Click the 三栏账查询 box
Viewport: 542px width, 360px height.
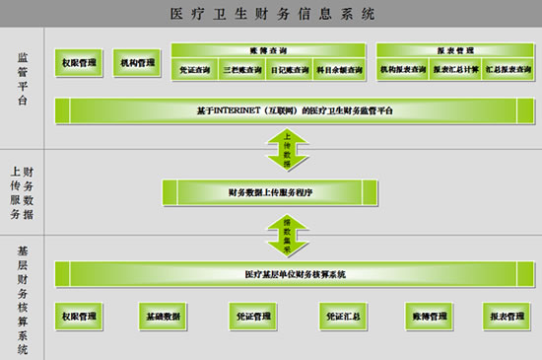[x=242, y=70]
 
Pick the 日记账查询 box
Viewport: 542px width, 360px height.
[x=290, y=70]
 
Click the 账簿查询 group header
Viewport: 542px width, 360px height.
[x=266, y=49]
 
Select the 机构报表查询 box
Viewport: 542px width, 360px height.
[x=401, y=70]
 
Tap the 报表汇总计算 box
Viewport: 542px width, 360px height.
[x=450, y=70]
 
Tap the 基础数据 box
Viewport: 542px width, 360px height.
[x=164, y=316]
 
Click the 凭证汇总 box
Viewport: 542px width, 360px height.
[x=340, y=316]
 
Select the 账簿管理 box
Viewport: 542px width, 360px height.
[x=427, y=316]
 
